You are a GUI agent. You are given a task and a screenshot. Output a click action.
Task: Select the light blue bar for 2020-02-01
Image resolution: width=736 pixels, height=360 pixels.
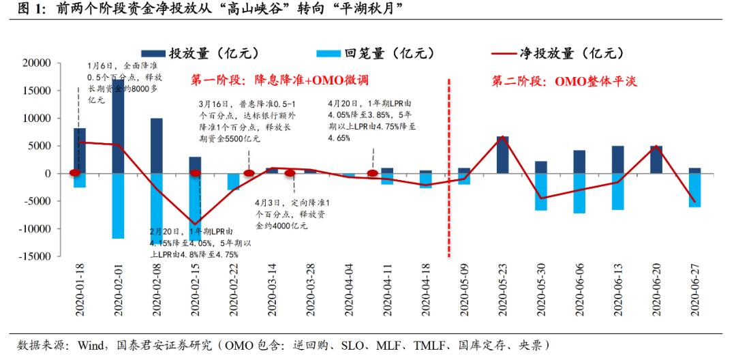tap(118, 206)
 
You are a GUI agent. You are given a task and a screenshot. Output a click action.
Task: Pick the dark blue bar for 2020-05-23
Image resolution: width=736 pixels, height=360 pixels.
tap(502, 155)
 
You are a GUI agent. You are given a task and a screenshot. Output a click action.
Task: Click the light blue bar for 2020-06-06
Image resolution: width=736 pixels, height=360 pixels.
tap(579, 193)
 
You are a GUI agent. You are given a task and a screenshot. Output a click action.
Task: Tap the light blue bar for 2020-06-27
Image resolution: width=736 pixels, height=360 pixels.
tap(695, 190)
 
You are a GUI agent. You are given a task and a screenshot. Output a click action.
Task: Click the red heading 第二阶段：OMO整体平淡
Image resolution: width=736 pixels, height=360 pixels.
tap(564, 81)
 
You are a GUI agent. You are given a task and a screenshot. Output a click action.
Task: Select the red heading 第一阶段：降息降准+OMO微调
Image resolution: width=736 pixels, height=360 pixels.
tap(279, 80)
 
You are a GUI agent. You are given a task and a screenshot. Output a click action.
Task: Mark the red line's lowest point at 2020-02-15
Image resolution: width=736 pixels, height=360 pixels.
tap(195, 224)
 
